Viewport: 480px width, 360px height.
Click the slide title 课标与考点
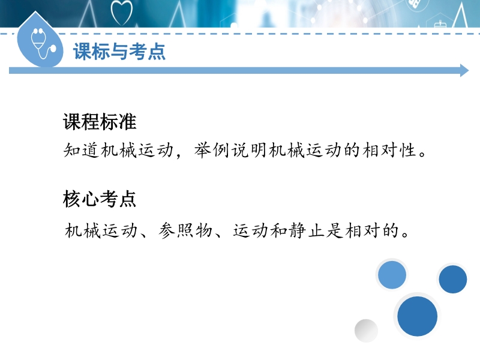(119, 51)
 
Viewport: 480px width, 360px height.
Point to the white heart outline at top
(122, 13)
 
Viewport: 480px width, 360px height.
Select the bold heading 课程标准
(100, 122)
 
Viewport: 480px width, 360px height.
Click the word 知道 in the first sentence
(82, 151)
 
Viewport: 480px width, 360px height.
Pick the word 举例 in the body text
(212, 151)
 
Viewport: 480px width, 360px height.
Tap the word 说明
(249, 151)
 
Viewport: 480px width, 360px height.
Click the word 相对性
(389, 151)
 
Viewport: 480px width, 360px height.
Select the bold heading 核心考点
(100, 199)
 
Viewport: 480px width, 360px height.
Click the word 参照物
(185, 230)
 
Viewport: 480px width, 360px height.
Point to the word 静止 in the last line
(307, 230)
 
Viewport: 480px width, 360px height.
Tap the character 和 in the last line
(279, 230)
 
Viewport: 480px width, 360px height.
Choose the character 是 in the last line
(335, 230)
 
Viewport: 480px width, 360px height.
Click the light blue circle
(392, 275)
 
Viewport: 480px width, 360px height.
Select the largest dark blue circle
(417, 316)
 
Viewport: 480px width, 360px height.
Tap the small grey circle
(366, 331)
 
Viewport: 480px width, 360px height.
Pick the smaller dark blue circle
(453, 279)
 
